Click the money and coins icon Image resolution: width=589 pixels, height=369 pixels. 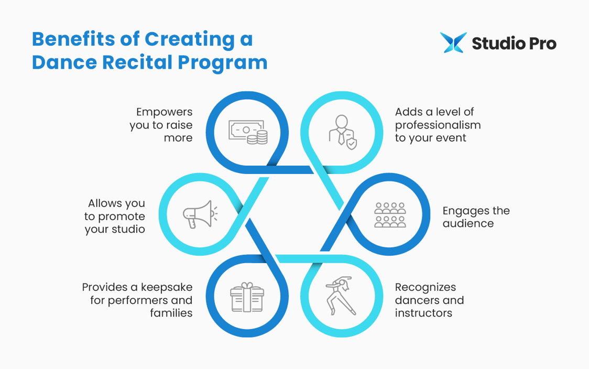coord(247,132)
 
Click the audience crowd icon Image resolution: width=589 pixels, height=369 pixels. coord(390,214)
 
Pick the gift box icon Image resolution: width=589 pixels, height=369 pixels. coord(247,297)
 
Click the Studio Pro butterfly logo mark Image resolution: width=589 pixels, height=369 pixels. coord(453,43)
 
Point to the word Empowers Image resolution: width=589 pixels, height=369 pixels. coord(164,112)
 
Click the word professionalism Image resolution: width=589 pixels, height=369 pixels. coord(438,125)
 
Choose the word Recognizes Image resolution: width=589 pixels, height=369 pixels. coord(426,287)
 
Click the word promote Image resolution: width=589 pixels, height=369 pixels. coord(122,216)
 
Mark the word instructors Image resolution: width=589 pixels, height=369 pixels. coord(423,313)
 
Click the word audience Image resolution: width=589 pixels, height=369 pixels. coord(468,224)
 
